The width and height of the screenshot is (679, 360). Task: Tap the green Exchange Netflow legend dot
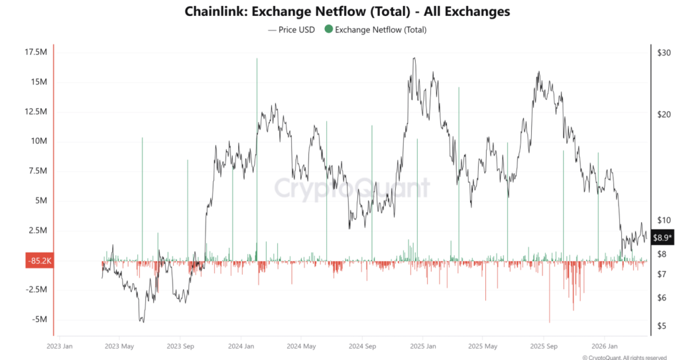328,30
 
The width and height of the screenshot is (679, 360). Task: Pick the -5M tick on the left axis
40,319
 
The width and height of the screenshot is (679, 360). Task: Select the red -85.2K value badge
38,261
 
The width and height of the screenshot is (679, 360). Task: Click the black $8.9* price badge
662,237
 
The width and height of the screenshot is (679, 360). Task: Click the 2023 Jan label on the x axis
60,346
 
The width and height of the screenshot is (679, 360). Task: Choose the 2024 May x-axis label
302,346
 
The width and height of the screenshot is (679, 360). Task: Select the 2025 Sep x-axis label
543,346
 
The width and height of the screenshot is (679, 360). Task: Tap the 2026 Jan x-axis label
605,346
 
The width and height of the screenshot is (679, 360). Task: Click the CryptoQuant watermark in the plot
351,188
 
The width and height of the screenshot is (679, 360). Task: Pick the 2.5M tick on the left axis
38,230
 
